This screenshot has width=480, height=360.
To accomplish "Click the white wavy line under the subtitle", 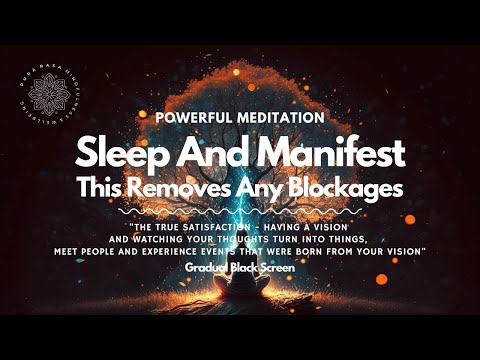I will (240, 212).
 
